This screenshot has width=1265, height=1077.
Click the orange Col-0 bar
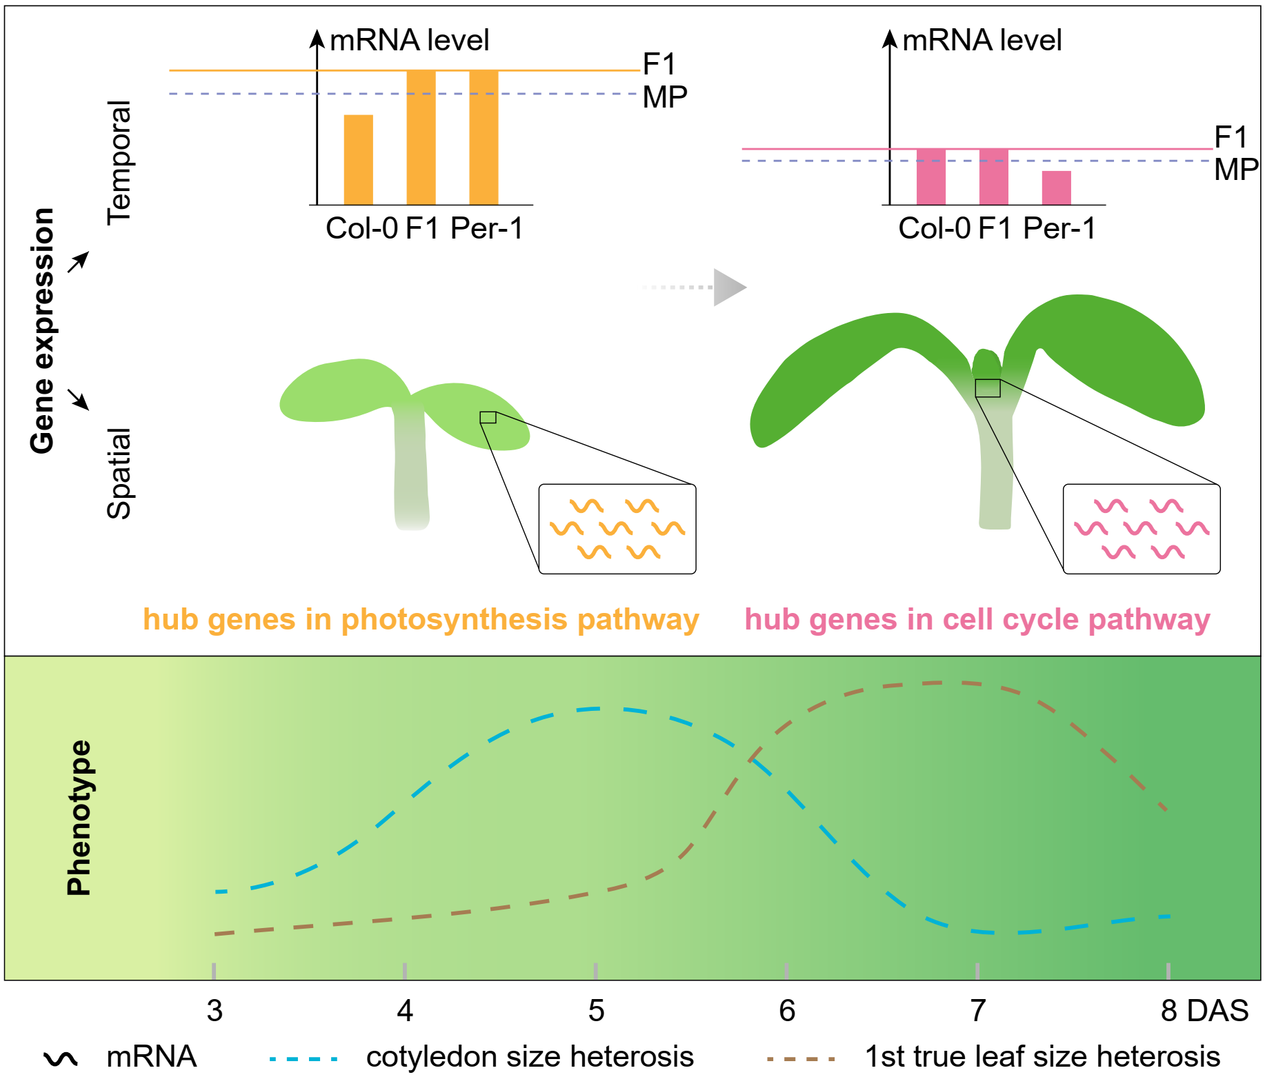coord(358,160)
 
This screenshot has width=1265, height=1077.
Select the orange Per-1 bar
coord(484,137)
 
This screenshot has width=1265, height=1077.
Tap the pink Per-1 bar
coord(1056,188)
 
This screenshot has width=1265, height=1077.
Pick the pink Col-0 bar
coord(930,177)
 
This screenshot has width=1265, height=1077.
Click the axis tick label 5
coord(596,1011)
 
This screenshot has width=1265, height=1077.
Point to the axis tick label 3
coord(215,1011)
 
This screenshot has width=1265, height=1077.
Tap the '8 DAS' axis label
coord(1204,1011)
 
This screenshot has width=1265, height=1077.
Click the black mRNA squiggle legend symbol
coord(61,1058)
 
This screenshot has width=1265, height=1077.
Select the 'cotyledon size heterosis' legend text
coord(529,1056)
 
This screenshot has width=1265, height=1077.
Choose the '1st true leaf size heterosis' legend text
coord(1042,1056)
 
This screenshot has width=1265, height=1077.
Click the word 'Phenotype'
coord(79,818)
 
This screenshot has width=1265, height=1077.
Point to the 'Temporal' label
coord(119,163)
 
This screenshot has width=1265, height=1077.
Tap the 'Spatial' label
coord(119,473)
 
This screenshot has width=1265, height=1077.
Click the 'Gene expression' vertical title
coord(43,331)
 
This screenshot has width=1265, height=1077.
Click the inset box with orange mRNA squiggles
coord(617,529)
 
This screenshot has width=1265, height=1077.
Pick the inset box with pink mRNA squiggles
coord(1141,529)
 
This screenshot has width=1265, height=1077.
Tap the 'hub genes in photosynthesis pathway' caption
coord(421,619)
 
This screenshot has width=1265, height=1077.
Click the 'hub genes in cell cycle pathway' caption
coord(977,619)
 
